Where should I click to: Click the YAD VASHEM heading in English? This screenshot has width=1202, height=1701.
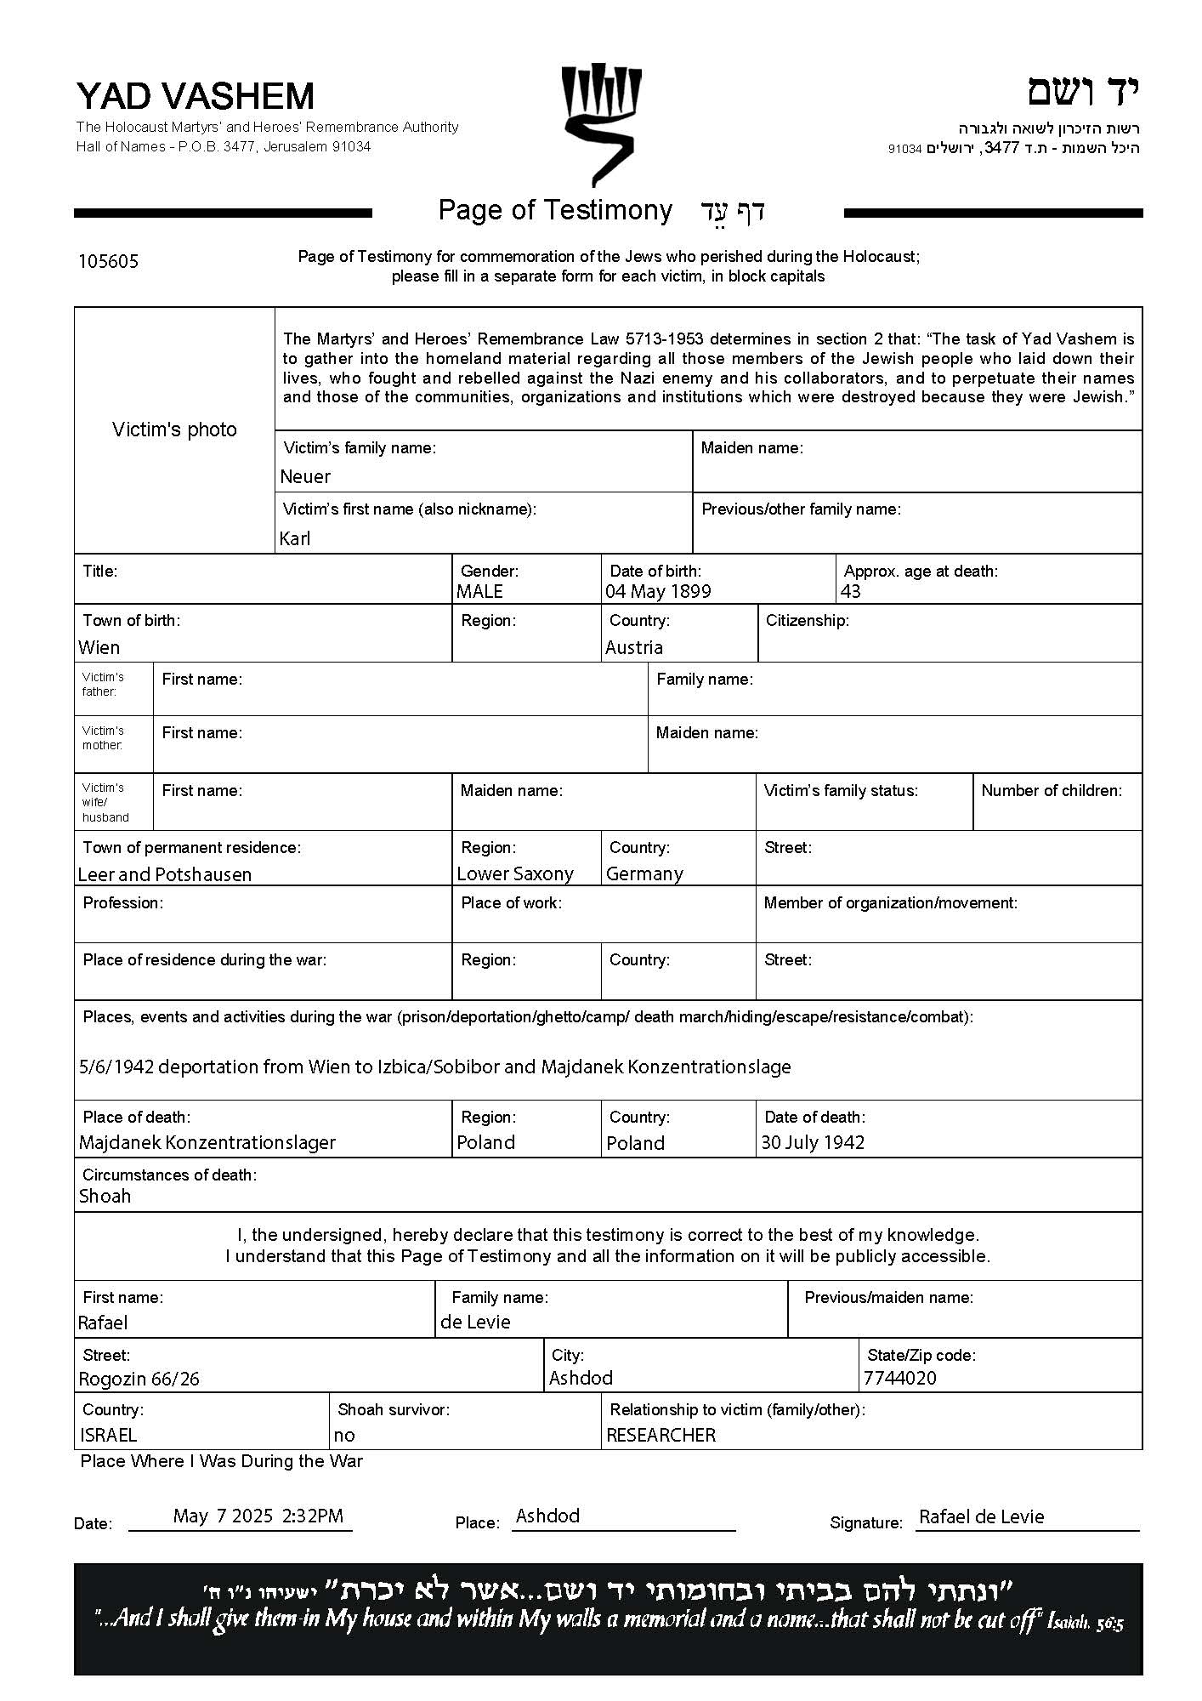pyautogui.click(x=195, y=96)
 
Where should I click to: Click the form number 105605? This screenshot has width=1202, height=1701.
pyautogui.click(x=108, y=261)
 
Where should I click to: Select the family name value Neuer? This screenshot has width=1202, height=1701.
pyautogui.click(x=305, y=476)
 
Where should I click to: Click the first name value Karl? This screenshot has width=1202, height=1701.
pyautogui.click(x=295, y=538)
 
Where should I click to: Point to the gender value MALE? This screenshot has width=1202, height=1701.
pyautogui.click(x=479, y=591)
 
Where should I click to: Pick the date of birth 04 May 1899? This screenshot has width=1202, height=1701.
pyautogui.click(x=658, y=591)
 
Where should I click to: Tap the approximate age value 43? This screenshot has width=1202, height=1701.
pyautogui.click(x=850, y=591)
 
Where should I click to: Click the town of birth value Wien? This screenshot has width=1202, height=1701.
pyautogui.click(x=99, y=647)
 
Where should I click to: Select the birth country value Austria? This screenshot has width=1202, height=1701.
pyautogui.click(x=633, y=647)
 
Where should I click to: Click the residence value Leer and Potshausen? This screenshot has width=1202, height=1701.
pyautogui.click(x=164, y=874)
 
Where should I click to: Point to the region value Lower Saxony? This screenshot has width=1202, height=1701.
pyautogui.click(x=515, y=873)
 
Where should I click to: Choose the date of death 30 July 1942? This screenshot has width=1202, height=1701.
pyautogui.click(x=813, y=1142)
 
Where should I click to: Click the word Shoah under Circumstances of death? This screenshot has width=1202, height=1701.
pyautogui.click(x=105, y=1196)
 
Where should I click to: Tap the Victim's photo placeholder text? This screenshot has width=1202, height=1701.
pyautogui.click(x=174, y=430)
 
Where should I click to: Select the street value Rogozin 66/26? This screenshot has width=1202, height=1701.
pyautogui.click(x=139, y=1379)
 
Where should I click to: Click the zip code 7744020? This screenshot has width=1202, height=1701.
pyautogui.click(x=899, y=1378)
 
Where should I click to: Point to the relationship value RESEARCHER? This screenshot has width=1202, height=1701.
pyautogui.click(x=661, y=1435)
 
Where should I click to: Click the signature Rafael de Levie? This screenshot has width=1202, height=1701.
pyautogui.click(x=981, y=1516)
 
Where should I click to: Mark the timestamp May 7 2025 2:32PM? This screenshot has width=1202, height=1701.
pyautogui.click(x=258, y=1516)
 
